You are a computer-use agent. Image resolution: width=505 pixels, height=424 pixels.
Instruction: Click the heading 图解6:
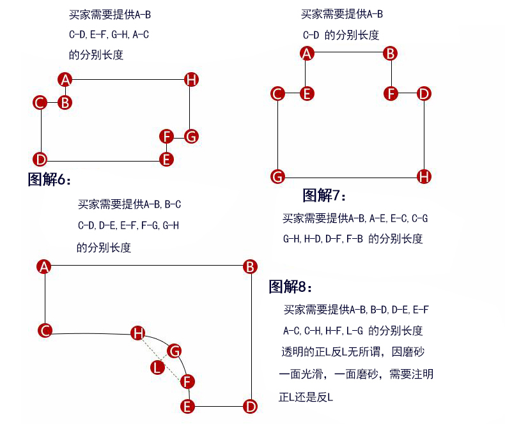click(x=49, y=179)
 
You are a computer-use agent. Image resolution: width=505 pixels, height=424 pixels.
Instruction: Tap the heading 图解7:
click(x=324, y=195)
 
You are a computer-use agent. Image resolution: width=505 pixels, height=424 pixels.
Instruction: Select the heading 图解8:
click(x=290, y=286)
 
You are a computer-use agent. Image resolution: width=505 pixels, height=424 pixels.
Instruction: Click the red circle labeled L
click(x=157, y=367)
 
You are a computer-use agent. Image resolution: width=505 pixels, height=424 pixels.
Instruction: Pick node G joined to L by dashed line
click(x=175, y=351)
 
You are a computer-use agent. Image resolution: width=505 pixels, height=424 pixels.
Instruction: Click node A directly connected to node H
click(x=65, y=79)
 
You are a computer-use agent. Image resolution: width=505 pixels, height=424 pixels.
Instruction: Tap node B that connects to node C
click(x=65, y=103)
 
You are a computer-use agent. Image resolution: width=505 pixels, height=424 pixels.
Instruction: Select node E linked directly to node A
click(x=307, y=94)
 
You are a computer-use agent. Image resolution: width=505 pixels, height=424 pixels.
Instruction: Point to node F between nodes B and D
click(x=391, y=94)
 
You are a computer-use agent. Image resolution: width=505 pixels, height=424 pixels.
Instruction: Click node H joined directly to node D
click(x=424, y=176)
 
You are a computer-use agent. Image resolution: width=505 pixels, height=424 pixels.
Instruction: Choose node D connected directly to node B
click(x=250, y=406)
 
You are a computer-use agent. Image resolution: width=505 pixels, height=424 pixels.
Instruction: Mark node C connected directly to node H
click(x=45, y=330)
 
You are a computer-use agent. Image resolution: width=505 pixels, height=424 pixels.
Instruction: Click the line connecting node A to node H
click(x=128, y=79)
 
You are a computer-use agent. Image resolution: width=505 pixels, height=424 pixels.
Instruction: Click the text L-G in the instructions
click(x=355, y=331)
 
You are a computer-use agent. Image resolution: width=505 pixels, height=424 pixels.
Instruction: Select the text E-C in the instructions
click(x=399, y=219)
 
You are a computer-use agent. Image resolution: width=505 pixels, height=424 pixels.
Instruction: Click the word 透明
click(x=292, y=352)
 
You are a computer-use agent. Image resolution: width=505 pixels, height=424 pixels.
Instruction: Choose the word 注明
click(x=423, y=374)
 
